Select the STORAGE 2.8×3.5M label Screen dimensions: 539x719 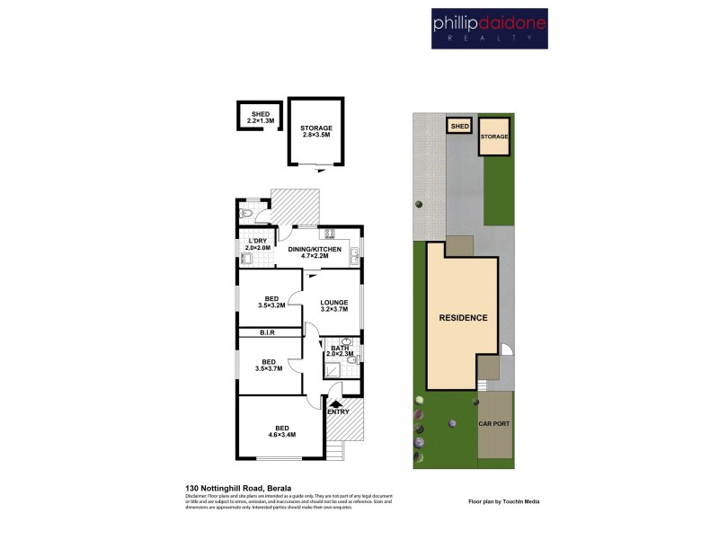tap(316, 132)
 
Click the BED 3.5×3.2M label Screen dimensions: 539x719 tap(271, 303)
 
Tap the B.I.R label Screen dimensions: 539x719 tap(266, 332)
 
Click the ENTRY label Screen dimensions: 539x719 tap(338, 411)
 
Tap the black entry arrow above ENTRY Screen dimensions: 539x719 tap(337, 403)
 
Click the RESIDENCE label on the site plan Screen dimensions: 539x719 tap(463, 318)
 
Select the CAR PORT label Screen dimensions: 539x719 tap(493, 423)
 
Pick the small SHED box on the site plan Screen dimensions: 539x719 tap(459, 127)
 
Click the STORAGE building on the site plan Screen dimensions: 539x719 tap(493, 137)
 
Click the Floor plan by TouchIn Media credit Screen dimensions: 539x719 tap(504, 501)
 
